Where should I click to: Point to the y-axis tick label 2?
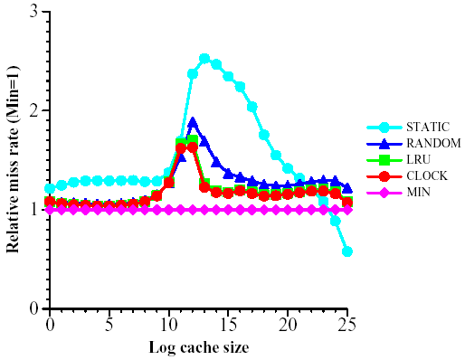[33, 111]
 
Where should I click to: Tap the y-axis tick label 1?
[33, 210]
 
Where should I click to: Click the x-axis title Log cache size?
[198, 346]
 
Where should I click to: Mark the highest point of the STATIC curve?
[204, 59]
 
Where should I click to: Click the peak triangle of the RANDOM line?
[193, 122]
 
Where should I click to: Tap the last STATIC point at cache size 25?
[347, 251]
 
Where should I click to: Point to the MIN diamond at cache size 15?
[228, 210]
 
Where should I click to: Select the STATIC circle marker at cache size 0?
[50, 189]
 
